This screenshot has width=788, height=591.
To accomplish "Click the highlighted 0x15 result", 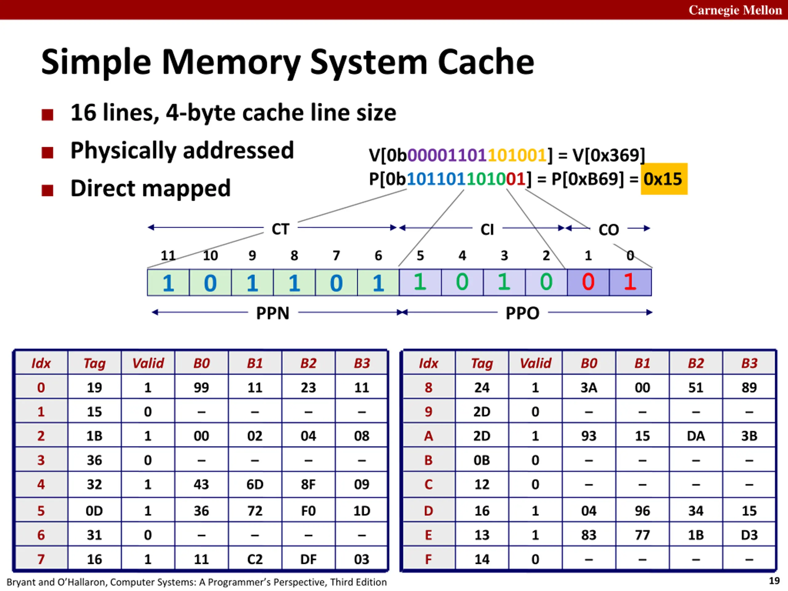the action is pyautogui.click(x=664, y=179).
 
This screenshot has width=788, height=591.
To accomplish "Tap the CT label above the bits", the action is pyautogui.click(x=280, y=229).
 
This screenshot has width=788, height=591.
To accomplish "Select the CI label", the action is pyautogui.click(x=487, y=229).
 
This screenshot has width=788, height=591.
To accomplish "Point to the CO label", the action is pyautogui.click(x=609, y=230).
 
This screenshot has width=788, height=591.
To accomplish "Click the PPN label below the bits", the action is pyautogui.click(x=273, y=313).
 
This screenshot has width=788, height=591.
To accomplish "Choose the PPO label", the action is pyautogui.click(x=523, y=313).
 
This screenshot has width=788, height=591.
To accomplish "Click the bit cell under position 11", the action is pyautogui.click(x=168, y=283).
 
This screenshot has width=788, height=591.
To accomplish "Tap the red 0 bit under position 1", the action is pyautogui.click(x=588, y=283).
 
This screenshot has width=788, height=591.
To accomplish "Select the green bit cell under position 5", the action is pyautogui.click(x=420, y=283).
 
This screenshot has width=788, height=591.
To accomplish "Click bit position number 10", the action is pyautogui.click(x=210, y=255).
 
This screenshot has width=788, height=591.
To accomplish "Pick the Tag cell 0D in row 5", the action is pyautogui.click(x=94, y=511).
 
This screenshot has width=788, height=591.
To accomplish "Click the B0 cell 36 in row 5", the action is pyautogui.click(x=201, y=511).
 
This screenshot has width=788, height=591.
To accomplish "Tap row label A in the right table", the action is pyautogui.click(x=428, y=436).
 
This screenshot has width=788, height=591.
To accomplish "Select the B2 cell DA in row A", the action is pyautogui.click(x=696, y=436).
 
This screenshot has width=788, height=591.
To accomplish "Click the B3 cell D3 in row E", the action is pyautogui.click(x=749, y=535).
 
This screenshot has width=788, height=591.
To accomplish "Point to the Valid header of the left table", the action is pyautogui.click(x=148, y=363).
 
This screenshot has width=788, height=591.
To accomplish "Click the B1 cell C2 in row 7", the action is pyautogui.click(x=255, y=559).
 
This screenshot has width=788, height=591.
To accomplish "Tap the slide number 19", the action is pyautogui.click(x=774, y=581).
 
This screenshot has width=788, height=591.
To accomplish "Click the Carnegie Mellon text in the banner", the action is pyautogui.click(x=735, y=10).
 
